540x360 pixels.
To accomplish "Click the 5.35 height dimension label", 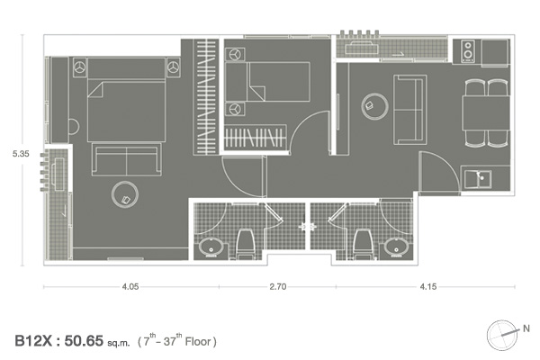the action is (x=21, y=154).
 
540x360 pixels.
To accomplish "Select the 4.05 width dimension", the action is (x=130, y=286).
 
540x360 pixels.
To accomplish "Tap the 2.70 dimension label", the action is (x=278, y=286).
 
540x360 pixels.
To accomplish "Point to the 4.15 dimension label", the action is (x=428, y=286).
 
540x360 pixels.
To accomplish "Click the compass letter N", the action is (x=526, y=328).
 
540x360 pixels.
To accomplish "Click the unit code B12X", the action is (x=33, y=341).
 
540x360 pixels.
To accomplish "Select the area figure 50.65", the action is (x=84, y=341).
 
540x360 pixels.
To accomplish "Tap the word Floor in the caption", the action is (x=198, y=342).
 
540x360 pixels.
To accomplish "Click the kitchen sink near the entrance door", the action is (x=478, y=179).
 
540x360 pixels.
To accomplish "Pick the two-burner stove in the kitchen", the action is (x=468, y=51).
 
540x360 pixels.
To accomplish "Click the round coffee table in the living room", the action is (x=375, y=106).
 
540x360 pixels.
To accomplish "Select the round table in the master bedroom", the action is (x=125, y=194).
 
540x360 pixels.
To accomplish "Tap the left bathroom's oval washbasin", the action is (x=211, y=247).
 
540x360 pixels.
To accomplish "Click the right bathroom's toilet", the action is (x=363, y=244).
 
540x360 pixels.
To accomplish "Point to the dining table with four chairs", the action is (x=486, y=113).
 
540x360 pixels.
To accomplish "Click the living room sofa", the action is (x=410, y=110).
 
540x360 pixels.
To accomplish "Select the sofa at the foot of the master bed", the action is (x=126, y=160).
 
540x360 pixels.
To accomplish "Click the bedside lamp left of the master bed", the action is (x=80, y=67).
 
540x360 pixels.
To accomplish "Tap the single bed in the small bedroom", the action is (x=267, y=82).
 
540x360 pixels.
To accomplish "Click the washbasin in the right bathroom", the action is (x=397, y=247).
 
